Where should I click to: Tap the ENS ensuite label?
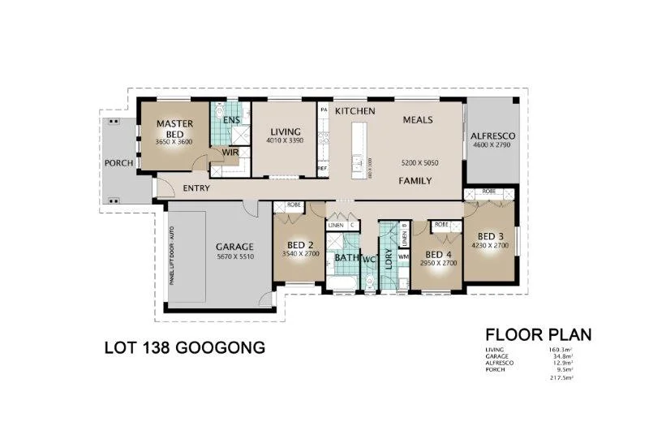coord(230,121)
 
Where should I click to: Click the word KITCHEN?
coord(355,110)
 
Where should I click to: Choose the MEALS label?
coord(418,119)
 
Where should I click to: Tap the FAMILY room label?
coord(414,181)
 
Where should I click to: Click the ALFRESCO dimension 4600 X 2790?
coord(490,146)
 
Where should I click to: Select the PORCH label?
coord(118,163)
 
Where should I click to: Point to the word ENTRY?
coord(196,188)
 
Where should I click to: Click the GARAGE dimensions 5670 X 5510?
coord(234,256)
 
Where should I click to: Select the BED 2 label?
coord(300,244)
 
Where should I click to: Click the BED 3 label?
coord(490,235)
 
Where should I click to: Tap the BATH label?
coord(346,258)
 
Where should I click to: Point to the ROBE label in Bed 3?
coord(488,192)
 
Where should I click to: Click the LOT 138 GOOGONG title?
coord(185,349)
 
